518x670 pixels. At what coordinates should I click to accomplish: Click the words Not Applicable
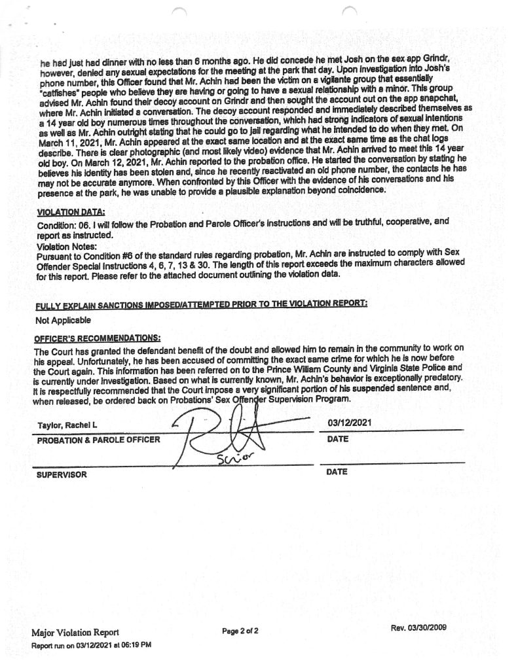pyautogui.click(x=62, y=321)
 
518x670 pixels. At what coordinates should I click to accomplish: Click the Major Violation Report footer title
pyautogui.click(x=75, y=632)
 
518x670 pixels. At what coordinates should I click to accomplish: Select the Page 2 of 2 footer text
pyautogui.click(x=240, y=631)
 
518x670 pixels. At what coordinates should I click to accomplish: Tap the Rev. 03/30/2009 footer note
pyautogui.click(x=418, y=627)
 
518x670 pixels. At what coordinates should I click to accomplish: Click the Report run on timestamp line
pyautogui.click(x=92, y=645)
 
